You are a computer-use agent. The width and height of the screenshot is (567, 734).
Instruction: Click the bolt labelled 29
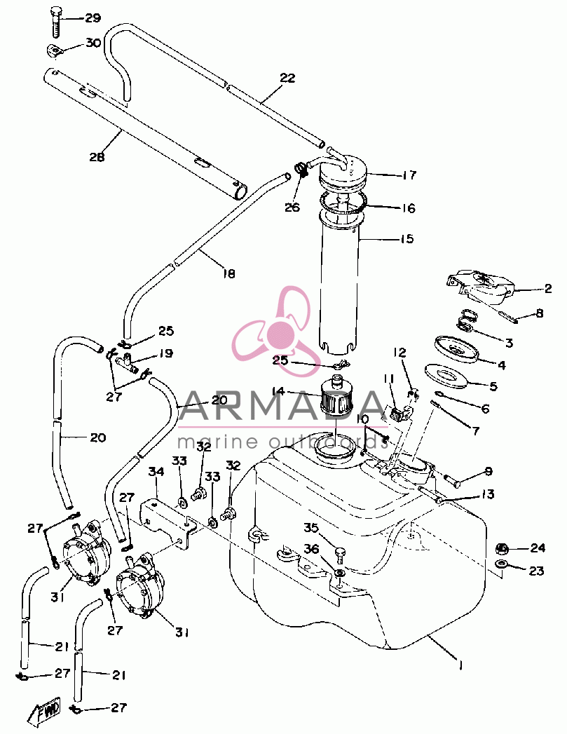55,22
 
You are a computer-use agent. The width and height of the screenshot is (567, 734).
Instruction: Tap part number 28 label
97,157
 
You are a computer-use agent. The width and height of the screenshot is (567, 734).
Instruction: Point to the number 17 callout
409,175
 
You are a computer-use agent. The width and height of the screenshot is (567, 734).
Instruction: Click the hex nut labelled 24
503,548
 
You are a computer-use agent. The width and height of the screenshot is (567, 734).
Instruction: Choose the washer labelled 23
503,563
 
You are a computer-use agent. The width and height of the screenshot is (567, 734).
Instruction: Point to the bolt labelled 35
340,556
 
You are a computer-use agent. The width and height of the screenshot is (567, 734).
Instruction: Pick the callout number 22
288,78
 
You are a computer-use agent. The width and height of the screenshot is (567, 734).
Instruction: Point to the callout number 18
228,273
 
